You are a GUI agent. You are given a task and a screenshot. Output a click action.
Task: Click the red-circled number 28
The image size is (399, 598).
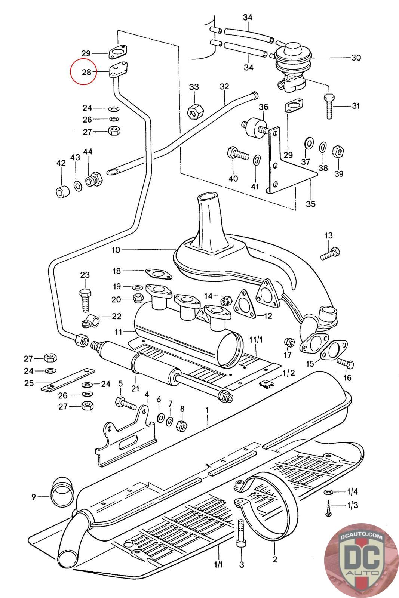pyautogui.click(x=86, y=72)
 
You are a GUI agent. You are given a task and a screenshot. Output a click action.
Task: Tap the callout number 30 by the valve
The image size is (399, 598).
pyautogui.click(x=356, y=58)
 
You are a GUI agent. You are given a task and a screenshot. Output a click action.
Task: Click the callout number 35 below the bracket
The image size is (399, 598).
pyautogui.click(x=311, y=204)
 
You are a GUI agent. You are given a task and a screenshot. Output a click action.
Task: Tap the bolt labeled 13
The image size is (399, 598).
pyautogui.click(x=331, y=253)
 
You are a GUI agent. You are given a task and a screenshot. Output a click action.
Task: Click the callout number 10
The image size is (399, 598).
pyautogui.click(x=116, y=250)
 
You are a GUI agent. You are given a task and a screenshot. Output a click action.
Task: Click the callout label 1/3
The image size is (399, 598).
pyautogui.click(x=352, y=505)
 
